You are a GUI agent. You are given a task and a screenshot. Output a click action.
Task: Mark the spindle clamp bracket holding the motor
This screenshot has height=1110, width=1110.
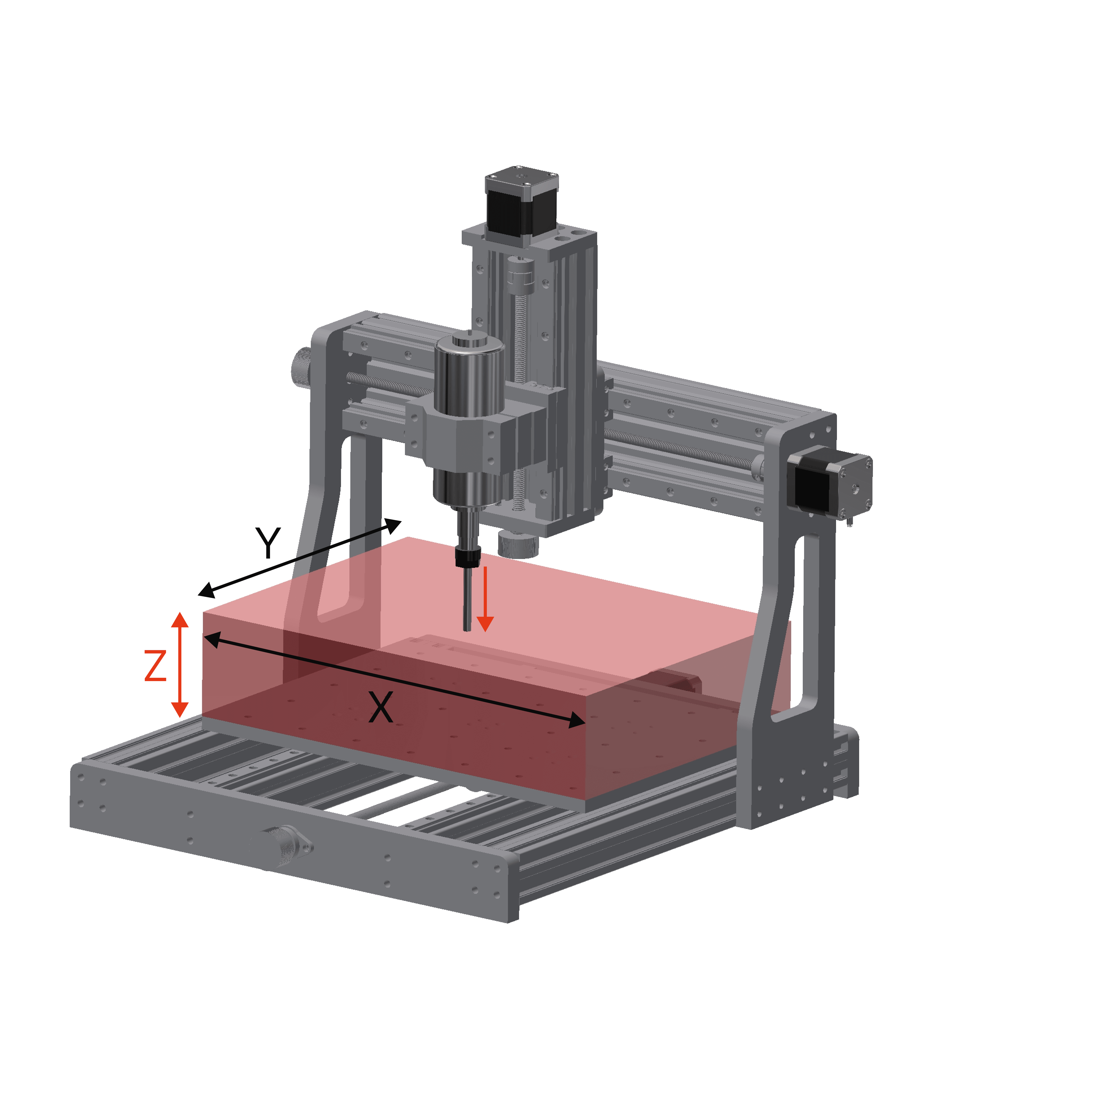pyautogui.click(x=460, y=431)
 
